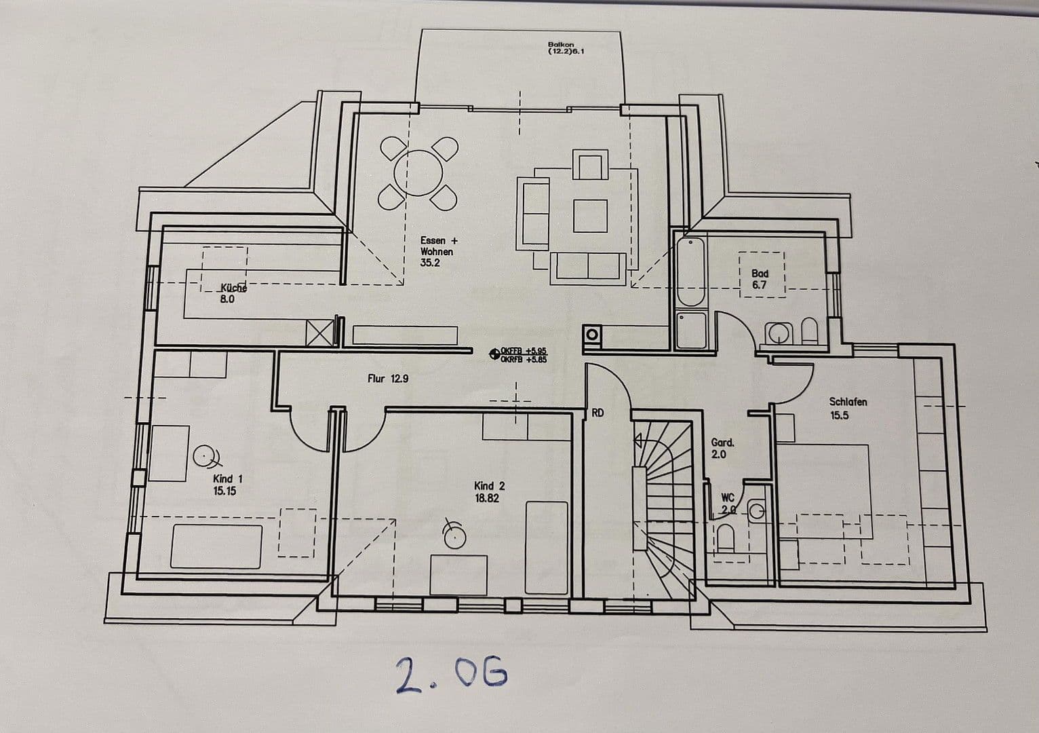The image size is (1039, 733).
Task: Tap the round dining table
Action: tap(418, 174)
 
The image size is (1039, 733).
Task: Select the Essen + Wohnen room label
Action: tap(438, 251)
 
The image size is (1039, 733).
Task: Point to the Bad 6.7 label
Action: tap(760, 279)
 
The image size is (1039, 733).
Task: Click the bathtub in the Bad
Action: tap(691, 271)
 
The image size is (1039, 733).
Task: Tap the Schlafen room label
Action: tap(848, 402)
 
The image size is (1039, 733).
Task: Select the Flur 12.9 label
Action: tap(388, 379)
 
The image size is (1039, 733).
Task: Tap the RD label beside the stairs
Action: tap(597, 412)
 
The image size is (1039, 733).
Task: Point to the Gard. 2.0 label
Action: tap(722, 448)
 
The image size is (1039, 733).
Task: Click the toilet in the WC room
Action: tap(725, 539)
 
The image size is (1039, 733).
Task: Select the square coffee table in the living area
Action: tap(590, 216)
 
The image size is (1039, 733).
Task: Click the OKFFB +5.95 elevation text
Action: tap(522, 350)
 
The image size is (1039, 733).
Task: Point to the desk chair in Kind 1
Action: tap(205, 455)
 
